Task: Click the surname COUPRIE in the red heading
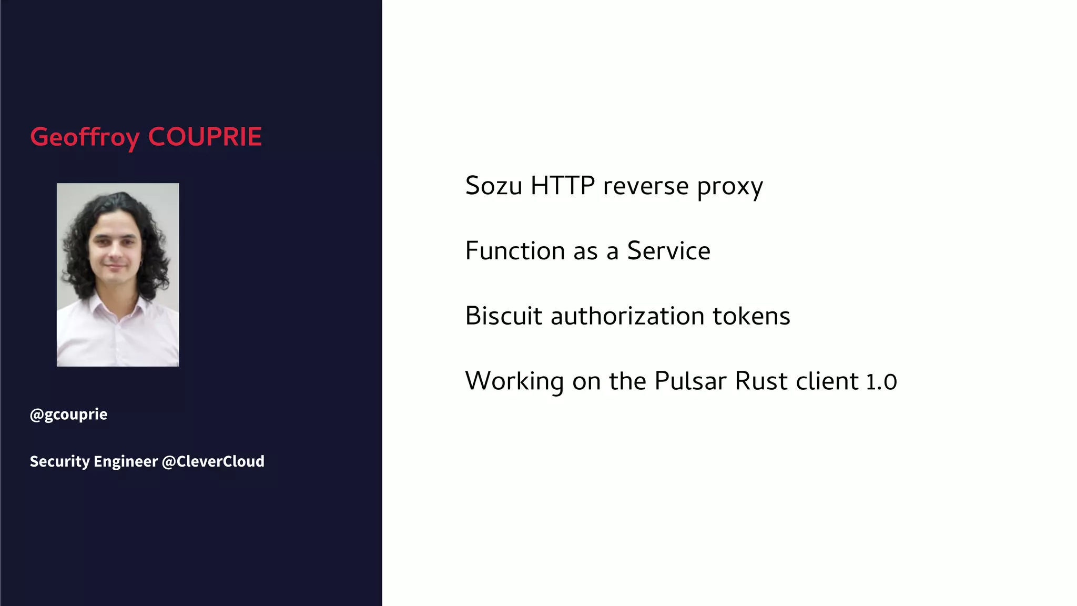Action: [205, 137]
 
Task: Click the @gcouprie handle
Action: [69, 415]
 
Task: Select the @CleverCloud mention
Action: [213, 461]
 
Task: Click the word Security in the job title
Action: [60, 461]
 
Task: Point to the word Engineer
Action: [126, 461]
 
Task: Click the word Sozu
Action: [493, 186]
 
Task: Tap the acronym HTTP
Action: [562, 186]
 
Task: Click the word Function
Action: [515, 251]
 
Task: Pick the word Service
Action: [668, 251]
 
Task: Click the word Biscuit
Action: [504, 316]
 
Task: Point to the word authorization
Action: [627, 316]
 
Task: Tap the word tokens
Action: [751, 316]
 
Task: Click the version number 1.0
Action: [881, 382]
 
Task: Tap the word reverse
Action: [646, 187]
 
